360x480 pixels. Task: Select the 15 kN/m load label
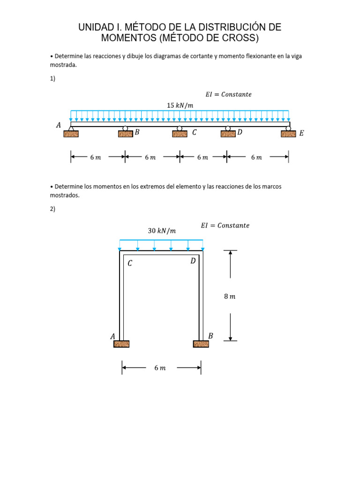point(180,105)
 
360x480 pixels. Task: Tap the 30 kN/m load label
point(162,231)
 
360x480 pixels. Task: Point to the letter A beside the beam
point(59,125)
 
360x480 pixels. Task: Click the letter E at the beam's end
point(301,133)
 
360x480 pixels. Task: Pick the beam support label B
point(137,132)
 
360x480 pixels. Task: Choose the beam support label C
point(195,132)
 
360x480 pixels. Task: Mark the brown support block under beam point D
point(228,134)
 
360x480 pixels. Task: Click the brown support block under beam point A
point(71,134)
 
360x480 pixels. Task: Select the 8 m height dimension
point(230,296)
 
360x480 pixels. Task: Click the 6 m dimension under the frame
point(160,367)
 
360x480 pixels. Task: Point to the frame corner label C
point(130,263)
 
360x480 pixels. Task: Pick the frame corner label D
point(193,261)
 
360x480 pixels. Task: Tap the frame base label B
point(210,336)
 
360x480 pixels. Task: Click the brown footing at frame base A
point(121,344)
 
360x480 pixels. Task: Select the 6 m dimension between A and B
point(96,157)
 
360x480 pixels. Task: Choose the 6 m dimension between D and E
point(256,157)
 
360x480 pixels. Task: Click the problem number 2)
point(52,209)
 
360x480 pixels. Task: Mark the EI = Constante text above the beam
point(228,94)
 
